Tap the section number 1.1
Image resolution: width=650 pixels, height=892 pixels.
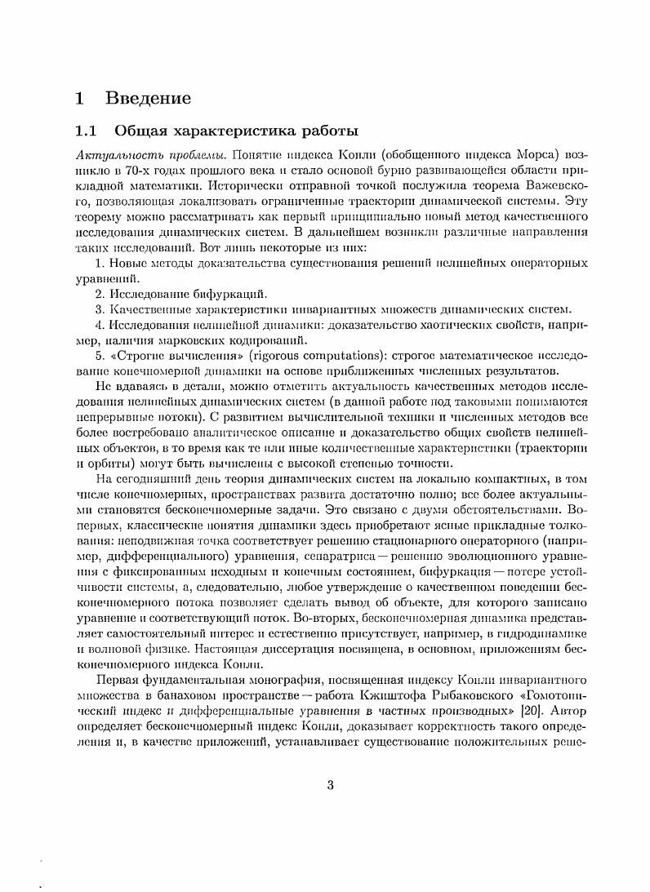[x=87, y=130]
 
